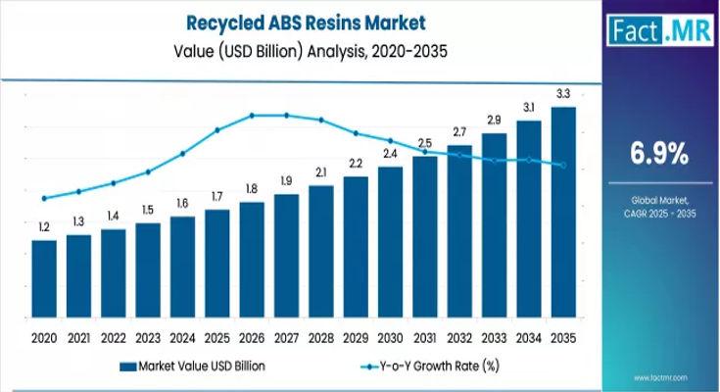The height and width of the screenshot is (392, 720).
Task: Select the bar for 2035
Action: coord(563,216)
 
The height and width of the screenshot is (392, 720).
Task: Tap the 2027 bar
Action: coord(286,259)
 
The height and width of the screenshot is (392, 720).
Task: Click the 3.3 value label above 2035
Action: coord(563,94)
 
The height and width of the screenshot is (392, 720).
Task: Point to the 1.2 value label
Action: coord(44,227)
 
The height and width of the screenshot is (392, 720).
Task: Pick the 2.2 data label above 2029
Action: coord(356,163)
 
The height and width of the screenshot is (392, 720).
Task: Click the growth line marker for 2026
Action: coord(252,116)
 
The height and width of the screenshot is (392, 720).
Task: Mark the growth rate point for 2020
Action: coord(44,199)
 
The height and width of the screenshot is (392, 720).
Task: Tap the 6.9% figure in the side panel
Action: coord(655,154)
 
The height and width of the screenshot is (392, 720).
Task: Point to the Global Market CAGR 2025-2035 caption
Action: coord(655,206)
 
